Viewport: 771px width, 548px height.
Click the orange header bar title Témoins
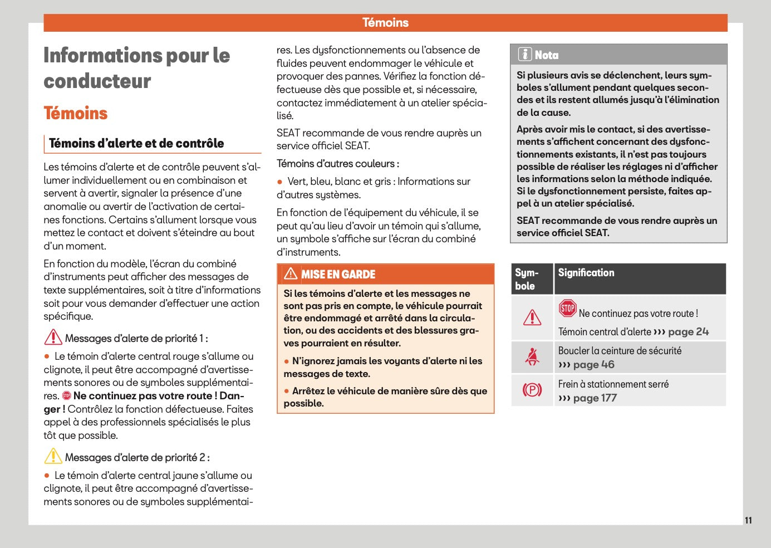coord(385,23)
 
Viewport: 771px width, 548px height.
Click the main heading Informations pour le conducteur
coord(136,68)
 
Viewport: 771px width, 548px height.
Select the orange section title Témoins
coord(76,113)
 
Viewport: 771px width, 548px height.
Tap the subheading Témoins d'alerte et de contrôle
coord(136,143)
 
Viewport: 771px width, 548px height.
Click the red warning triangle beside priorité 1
coord(53,337)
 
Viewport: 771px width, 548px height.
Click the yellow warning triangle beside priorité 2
coord(53,457)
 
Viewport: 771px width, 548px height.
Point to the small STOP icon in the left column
coord(67,396)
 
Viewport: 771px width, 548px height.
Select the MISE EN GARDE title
coord(338,275)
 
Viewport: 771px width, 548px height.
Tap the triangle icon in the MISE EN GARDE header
coord(291,274)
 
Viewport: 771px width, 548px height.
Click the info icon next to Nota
coord(524,55)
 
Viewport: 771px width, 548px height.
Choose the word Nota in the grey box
coord(547,55)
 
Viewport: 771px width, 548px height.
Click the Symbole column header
coord(527,279)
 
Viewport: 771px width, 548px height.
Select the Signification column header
coord(586,273)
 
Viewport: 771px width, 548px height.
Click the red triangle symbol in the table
coord(532,317)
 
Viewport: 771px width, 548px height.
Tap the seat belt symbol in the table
coord(532,356)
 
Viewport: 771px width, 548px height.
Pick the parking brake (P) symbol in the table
coord(532,390)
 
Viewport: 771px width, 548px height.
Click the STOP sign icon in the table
coord(567,308)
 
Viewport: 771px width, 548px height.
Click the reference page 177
coord(595,398)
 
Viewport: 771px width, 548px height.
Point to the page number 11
coord(748,520)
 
